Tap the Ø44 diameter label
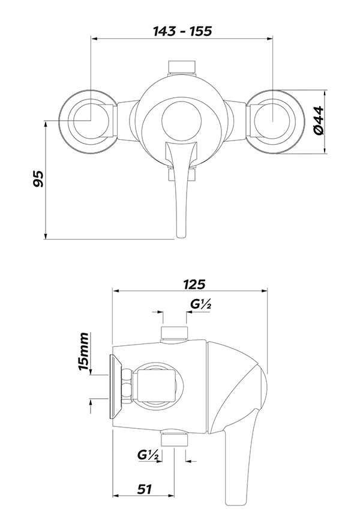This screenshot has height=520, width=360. pos(319,120)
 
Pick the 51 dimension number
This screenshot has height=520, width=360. pos(144,489)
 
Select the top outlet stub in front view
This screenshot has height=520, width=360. pos(182,67)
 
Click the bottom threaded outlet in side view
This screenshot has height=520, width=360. pos(175,440)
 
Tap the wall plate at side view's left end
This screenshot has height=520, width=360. pos(113,387)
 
